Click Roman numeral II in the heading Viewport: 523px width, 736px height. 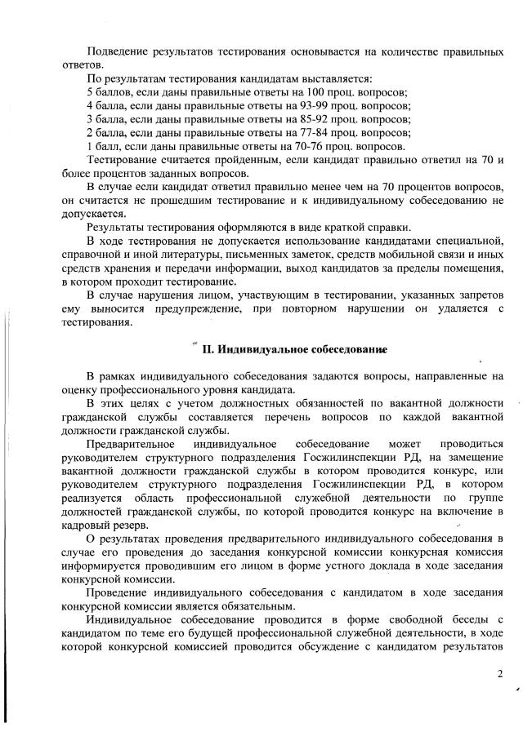pyautogui.click(x=207, y=350)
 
